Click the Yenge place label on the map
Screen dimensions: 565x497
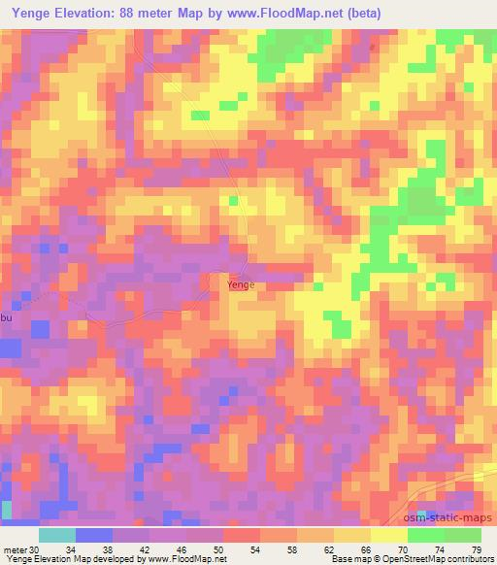[241, 285]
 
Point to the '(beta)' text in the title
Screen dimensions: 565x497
[357, 14]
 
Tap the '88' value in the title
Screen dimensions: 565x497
[133, 14]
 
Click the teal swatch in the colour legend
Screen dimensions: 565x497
[57, 535]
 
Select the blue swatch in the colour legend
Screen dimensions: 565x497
[94, 535]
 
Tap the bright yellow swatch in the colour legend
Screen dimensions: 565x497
[389, 535]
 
